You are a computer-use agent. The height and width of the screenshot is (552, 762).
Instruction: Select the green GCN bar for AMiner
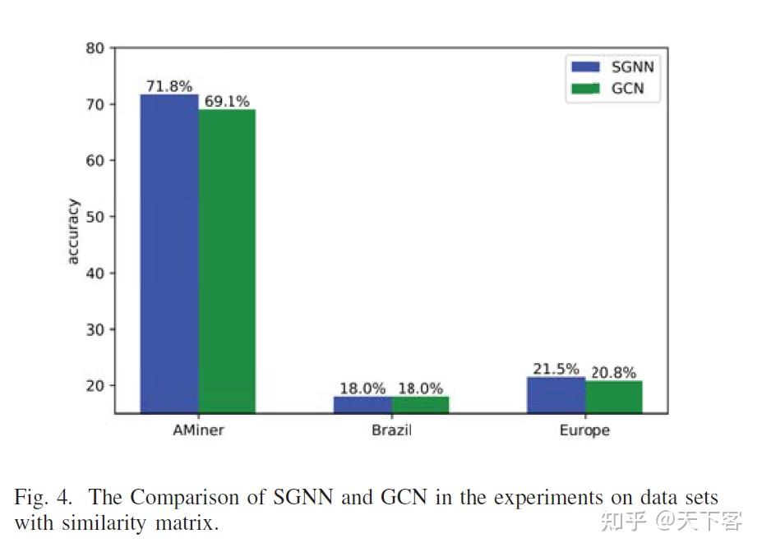tap(227, 260)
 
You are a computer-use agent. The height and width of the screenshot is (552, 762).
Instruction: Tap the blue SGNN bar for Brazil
tap(363, 404)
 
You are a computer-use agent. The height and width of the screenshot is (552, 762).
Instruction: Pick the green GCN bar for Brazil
tap(420, 404)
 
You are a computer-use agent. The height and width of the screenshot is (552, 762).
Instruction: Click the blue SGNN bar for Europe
tap(556, 395)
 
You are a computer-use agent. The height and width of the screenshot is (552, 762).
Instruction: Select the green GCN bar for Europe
tap(613, 397)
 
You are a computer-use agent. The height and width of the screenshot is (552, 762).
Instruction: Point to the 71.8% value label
tap(169, 86)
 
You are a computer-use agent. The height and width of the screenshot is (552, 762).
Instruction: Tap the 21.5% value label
tap(556, 370)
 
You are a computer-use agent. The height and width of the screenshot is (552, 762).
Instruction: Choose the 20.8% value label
tap(613, 372)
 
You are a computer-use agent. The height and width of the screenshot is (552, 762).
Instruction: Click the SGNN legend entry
tap(612, 67)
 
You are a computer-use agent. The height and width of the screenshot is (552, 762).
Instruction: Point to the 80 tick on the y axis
tap(95, 48)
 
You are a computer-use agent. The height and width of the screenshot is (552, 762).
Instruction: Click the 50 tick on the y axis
tap(95, 217)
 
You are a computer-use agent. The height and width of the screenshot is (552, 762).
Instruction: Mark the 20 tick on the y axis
tap(95, 385)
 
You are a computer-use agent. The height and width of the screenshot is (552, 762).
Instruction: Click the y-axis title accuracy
tap(72, 231)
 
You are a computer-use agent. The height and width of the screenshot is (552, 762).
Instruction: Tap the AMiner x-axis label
tap(197, 430)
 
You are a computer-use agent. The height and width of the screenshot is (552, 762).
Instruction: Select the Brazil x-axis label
tap(391, 430)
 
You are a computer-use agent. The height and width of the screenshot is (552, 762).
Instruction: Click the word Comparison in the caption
tap(195, 498)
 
